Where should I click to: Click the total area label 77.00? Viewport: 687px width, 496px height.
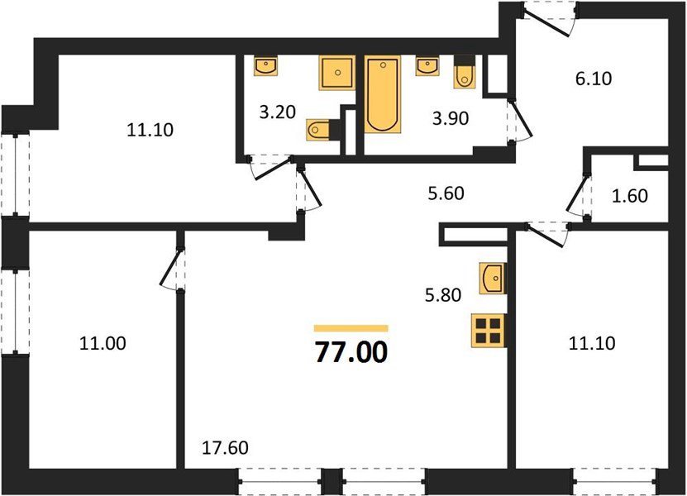351,352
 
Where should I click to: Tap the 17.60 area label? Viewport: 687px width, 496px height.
225,448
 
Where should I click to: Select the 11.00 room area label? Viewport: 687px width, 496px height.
103,343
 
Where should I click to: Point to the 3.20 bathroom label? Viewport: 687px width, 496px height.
278,112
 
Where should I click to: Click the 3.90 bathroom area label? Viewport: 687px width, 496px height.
451,118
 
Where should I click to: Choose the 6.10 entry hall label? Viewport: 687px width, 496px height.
594,79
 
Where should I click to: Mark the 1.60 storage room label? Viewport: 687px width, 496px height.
630,196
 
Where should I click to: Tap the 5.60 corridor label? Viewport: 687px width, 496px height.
446,193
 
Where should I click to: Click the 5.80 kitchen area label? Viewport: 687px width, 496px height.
443,295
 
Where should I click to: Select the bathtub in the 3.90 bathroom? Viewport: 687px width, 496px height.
383,94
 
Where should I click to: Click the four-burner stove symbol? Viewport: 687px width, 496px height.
489,331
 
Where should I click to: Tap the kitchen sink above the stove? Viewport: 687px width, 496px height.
493,279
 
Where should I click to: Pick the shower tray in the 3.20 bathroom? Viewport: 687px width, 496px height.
337,73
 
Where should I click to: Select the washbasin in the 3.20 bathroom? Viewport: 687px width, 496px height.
265,66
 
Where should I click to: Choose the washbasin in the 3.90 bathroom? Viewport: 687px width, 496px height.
427,66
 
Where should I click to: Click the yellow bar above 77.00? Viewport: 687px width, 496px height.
351,328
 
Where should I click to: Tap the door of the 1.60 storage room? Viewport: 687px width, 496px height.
579,195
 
